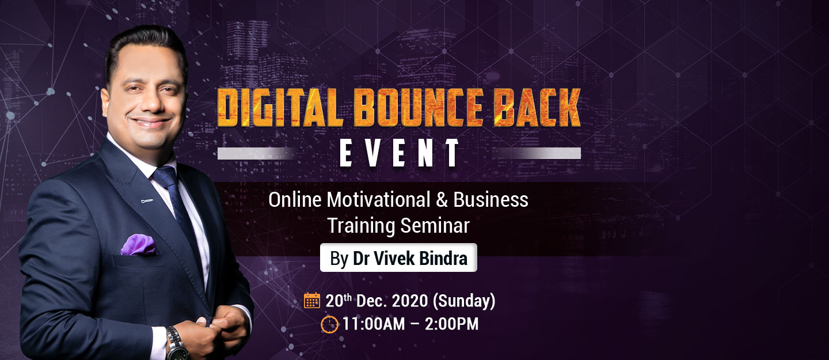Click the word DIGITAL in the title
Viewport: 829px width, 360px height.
pyautogui.click(x=280, y=108)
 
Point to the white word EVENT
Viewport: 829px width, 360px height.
pyautogui.click(x=400, y=153)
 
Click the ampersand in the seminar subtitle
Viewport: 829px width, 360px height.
pyautogui.click(x=442, y=200)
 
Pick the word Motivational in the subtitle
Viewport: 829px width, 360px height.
pyautogui.click(x=378, y=200)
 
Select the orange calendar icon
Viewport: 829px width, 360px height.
pyautogui.click(x=311, y=300)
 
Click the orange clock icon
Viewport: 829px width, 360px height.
pyautogui.click(x=329, y=324)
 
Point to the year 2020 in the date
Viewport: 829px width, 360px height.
pyautogui.click(x=410, y=301)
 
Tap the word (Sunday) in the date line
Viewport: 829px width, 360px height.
pyautogui.click(x=464, y=301)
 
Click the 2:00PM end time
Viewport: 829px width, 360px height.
pyautogui.click(x=451, y=324)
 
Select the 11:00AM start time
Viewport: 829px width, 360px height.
pyautogui.click(x=374, y=324)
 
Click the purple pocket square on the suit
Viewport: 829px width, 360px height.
pyautogui.click(x=138, y=245)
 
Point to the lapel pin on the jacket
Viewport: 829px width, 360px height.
pyautogui.click(x=147, y=201)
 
